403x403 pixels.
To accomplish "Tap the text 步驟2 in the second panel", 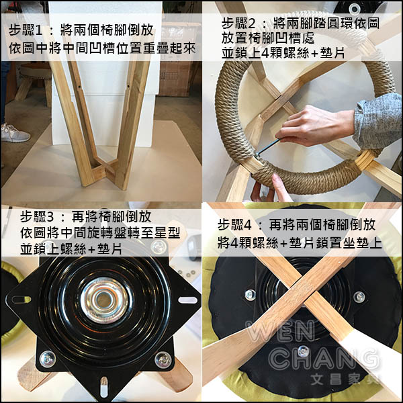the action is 238,24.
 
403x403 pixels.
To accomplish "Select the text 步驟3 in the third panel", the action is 37,217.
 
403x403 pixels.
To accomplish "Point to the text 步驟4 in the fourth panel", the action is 234,225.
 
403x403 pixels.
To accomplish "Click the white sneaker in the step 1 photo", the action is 15,133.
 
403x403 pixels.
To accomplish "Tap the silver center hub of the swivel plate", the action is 104,300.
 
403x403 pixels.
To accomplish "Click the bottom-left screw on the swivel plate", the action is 48,359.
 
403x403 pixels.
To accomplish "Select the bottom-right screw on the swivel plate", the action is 163,360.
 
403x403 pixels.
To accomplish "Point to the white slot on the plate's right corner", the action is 187,300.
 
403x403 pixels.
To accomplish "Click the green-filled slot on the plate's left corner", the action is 21,300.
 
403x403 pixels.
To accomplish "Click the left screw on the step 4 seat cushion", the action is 250,295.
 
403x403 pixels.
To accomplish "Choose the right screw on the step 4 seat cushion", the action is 359,297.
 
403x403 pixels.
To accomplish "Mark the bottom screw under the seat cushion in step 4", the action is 304,351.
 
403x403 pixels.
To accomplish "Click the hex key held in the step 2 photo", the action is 267,147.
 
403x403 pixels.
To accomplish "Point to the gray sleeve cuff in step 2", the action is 377,121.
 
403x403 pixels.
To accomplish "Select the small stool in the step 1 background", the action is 34,83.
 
